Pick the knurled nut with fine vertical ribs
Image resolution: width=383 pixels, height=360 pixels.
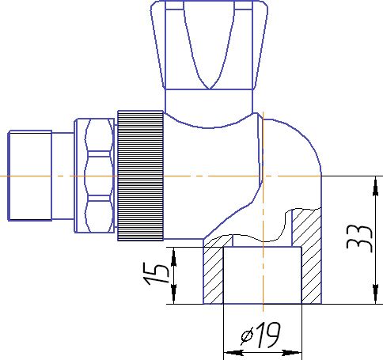(140, 174)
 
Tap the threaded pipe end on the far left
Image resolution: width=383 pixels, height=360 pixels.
(28, 175)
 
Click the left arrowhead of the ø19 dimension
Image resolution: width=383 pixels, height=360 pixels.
(230, 352)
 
